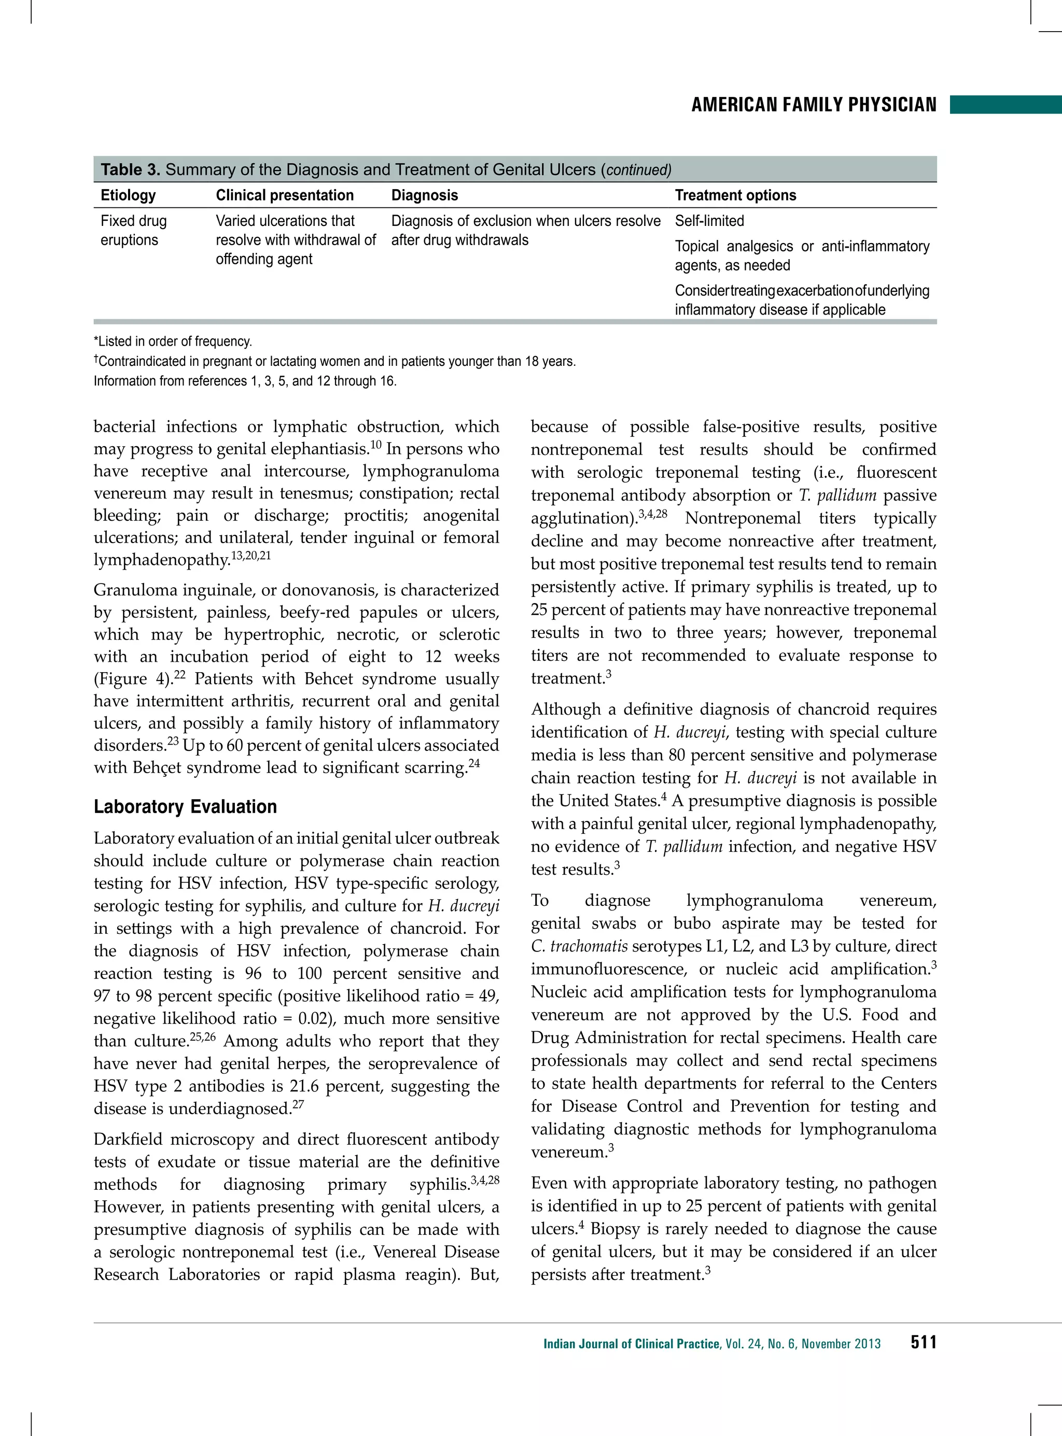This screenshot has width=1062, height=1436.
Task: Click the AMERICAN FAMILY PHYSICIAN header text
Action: pos(813,105)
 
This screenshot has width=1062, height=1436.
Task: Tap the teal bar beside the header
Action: pos(1005,105)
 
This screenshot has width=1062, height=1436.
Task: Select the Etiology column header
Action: pos(128,195)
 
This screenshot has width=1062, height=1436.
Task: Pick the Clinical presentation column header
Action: pos(285,195)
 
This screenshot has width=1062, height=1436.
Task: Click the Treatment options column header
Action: pos(735,195)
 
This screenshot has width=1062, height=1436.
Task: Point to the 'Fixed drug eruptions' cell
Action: pos(134,230)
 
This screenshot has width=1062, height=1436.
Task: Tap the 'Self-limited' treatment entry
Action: pos(709,221)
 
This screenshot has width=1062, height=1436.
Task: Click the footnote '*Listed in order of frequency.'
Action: pos(173,341)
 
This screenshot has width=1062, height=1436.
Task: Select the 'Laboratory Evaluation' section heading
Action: pos(185,807)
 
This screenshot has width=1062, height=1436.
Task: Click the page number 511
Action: pos(923,1342)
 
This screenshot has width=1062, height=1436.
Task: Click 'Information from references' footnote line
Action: pos(245,381)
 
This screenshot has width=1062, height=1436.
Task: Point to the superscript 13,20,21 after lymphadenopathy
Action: pos(250,555)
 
